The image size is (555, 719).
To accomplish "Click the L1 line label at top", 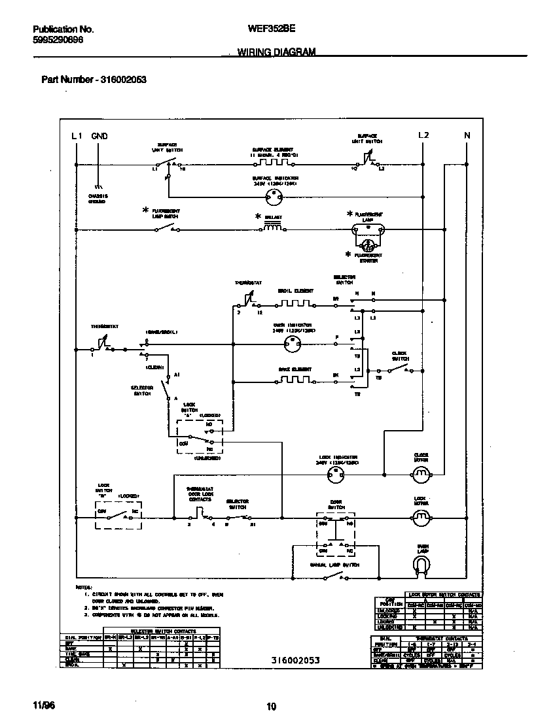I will pyautogui.click(x=76, y=136).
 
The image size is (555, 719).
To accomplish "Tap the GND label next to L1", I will pyautogui.click(x=99, y=136).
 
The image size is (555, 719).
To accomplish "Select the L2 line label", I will pyautogui.click(x=423, y=135).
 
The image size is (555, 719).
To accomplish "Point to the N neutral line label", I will pyautogui.click(x=467, y=135).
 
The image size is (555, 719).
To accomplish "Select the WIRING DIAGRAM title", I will pyautogui.click(x=276, y=52).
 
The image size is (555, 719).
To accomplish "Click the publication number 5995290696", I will pyautogui.click(x=58, y=40).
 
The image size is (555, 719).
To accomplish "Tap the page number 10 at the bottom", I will pyautogui.click(x=272, y=706).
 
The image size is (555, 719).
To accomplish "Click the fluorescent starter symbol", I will pyautogui.click(x=368, y=245).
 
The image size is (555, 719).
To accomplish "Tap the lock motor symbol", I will pyautogui.click(x=420, y=518).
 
